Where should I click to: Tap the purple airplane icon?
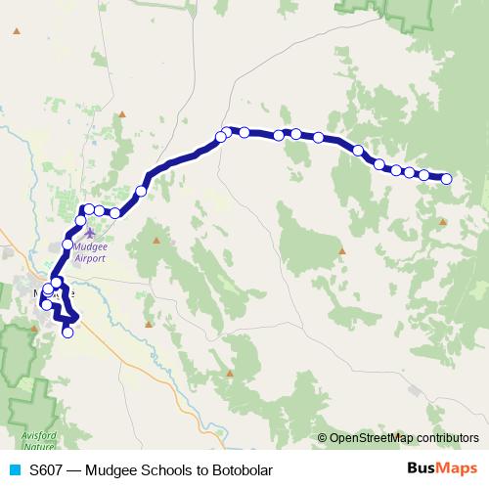(x=91, y=233)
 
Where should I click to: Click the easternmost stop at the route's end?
(x=447, y=178)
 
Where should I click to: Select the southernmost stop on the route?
(x=67, y=333)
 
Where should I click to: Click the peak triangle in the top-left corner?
(x=16, y=31)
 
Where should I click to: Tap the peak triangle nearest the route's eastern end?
(x=443, y=222)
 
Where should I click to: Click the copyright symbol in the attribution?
(x=323, y=437)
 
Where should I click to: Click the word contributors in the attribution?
(x=445, y=437)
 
